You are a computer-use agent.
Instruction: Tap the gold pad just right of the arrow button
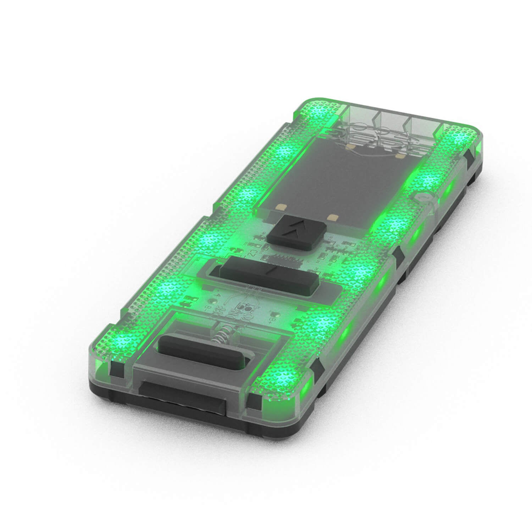332,217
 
